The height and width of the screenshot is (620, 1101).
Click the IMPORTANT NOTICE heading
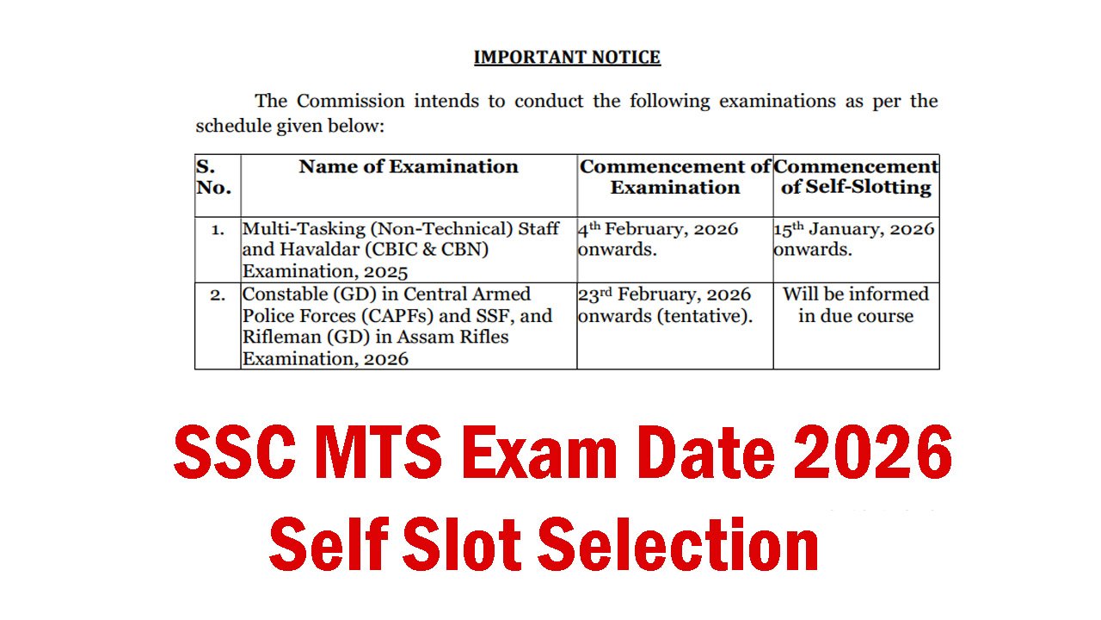tap(567, 58)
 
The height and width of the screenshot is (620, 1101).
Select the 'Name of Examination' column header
tap(409, 167)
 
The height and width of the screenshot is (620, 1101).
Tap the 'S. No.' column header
tap(213, 177)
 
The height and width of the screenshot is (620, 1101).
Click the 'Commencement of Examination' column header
tap(675, 177)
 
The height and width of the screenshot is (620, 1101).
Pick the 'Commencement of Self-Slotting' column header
tap(856, 177)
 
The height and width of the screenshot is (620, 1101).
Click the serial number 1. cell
tap(218, 230)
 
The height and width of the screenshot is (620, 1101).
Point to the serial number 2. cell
tap(218, 294)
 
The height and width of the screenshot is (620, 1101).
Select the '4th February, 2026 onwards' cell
tap(658, 239)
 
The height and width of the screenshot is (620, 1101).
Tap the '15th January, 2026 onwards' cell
tap(854, 239)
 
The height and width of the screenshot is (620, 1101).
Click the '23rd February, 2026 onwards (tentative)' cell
tap(665, 305)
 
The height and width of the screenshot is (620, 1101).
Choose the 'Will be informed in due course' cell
tap(856, 305)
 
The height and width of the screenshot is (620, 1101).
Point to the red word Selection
tap(679, 544)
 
